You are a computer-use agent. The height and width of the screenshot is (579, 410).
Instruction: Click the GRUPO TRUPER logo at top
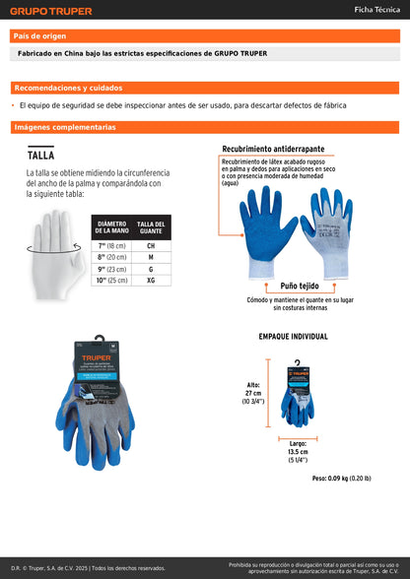click(51, 11)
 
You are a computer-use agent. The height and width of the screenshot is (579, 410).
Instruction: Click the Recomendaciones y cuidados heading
click(69, 88)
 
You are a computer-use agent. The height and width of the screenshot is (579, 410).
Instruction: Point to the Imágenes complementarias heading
click(65, 127)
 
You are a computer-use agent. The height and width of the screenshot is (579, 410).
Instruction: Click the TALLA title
click(40, 155)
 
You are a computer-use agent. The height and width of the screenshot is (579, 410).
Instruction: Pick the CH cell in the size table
click(151, 245)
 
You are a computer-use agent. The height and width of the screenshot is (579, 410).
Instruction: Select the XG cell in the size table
click(151, 281)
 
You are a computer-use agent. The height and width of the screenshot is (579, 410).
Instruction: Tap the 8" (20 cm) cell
click(111, 257)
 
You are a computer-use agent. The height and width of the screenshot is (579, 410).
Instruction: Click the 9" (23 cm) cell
click(111, 269)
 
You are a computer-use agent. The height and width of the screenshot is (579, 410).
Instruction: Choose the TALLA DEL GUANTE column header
click(151, 227)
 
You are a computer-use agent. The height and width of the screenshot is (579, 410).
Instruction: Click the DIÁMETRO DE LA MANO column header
click(111, 227)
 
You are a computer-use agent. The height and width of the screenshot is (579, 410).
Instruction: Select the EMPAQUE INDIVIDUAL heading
click(293, 337)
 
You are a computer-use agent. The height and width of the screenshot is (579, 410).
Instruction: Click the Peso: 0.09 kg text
click(341, 478)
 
